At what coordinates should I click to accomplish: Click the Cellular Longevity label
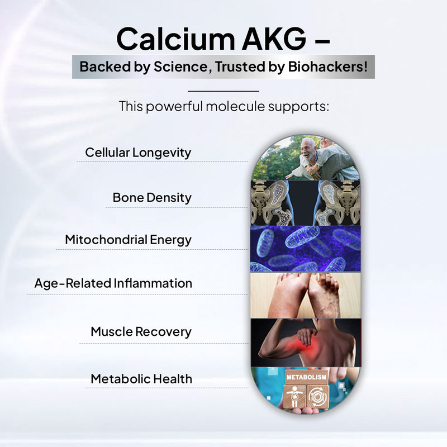(138, 153)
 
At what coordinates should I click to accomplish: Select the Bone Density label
(152, 197)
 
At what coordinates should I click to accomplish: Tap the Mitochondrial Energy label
(128, 240)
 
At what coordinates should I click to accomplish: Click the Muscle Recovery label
(141, 331)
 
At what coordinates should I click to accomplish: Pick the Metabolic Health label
(141, 378)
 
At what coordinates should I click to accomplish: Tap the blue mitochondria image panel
(305, 249)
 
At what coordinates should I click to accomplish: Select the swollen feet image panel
(305, 296)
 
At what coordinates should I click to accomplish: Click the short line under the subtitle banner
(223, 91)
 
